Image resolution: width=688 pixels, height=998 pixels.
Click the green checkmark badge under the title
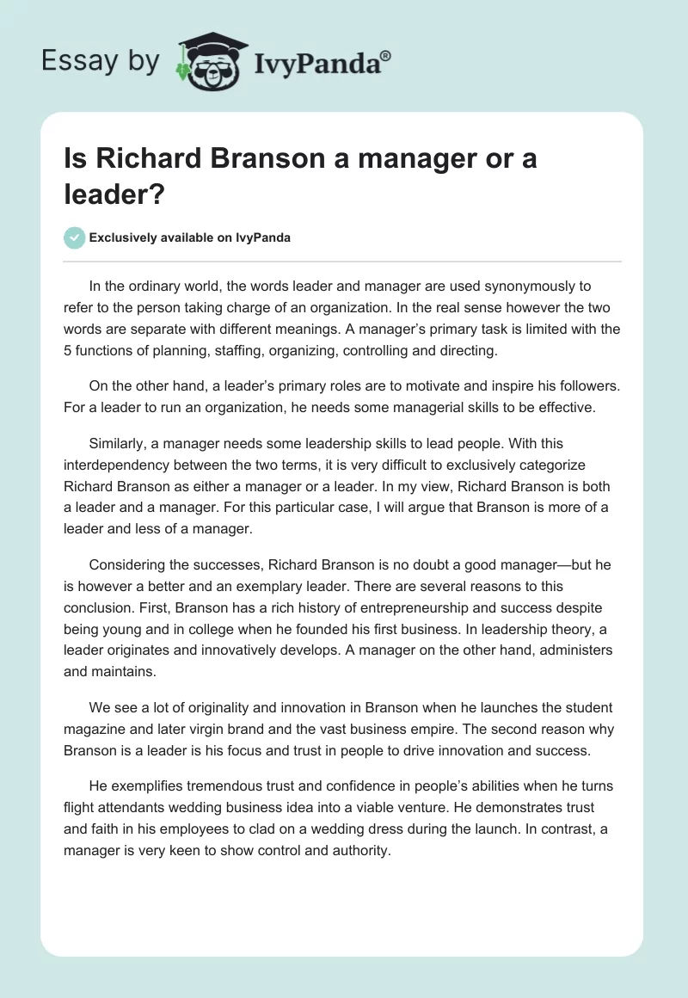[75, 237]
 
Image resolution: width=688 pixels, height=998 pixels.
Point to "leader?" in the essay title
[114, 194]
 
